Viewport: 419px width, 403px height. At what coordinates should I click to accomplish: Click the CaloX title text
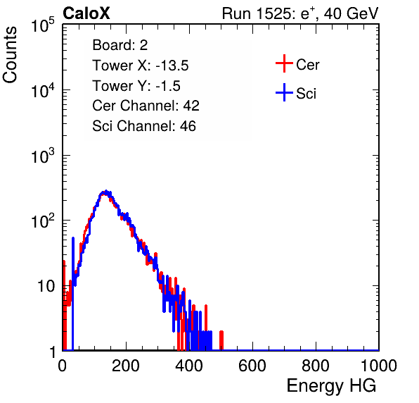(x=86, y=13)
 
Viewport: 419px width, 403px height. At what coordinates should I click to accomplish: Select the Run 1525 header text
(x=300, y=13)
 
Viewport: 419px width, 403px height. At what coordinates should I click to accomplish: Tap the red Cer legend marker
(x=284, y=63)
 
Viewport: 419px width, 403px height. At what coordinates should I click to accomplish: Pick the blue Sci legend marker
(x=284, y=93)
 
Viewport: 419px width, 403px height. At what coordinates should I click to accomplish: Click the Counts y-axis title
(x=10, y=55)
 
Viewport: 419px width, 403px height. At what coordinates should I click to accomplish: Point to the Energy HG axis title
(x=331, y=386)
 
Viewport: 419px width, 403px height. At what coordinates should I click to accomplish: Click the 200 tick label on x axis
(x=126, y=366)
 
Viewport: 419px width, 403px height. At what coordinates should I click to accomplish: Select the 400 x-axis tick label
(x=189, y=366)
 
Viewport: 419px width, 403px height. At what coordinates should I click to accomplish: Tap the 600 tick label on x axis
(x=252, y=366)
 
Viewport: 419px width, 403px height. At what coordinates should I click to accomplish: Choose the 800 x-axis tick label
(x=316, y=366)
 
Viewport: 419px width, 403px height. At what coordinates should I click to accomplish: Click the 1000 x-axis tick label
(x=379, y=366)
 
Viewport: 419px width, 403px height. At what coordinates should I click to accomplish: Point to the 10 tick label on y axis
(x=46, y=286)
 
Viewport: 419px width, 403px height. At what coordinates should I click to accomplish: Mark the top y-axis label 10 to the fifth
(x=43, y=25)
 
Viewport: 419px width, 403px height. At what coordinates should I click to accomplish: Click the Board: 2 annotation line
(x=120, y=45)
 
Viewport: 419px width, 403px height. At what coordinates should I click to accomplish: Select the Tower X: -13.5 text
(x=141, y=66)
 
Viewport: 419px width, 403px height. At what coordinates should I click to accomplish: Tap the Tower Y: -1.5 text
(x=136, y=86)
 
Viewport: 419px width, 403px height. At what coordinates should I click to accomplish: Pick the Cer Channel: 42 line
(x=146, y=106)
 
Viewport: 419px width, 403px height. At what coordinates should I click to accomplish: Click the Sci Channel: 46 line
(x=144, y=126)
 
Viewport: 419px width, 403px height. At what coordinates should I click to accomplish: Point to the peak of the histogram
(x=106, y=192)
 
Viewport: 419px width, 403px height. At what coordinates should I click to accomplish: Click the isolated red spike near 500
(x=221, y=340)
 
